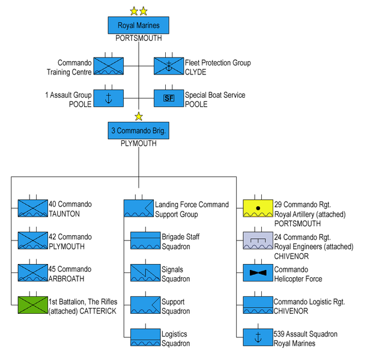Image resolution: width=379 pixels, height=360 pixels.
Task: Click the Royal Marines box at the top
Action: click(x=139, y=25)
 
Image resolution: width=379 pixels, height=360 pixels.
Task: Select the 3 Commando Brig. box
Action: click(x=139, y=130)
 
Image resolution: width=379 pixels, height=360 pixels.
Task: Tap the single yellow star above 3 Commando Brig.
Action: click(x=139, y=116)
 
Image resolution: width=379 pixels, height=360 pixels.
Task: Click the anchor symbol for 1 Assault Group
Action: click(x=109, y=98)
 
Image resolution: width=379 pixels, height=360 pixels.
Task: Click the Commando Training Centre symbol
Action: click(x=109, y=65)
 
